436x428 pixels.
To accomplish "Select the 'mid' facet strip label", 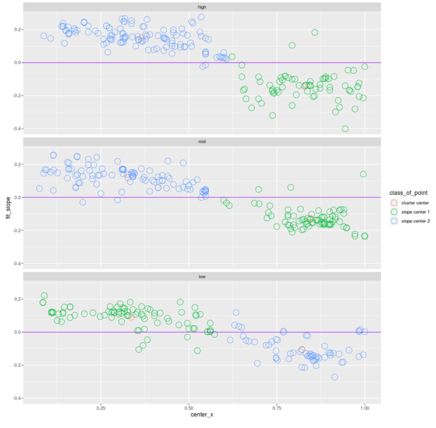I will pos(202,141).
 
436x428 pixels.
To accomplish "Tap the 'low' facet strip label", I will pos(202,276).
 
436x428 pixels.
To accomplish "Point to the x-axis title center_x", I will pos(202,414).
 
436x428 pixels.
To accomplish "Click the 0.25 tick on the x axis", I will pos(101,408).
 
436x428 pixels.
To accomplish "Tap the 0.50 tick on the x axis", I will pos(189,408).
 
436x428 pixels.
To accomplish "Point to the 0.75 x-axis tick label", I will pos(277,408).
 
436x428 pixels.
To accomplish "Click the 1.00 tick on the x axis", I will pos(364,408).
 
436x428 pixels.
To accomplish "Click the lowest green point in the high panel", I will pos(345,128).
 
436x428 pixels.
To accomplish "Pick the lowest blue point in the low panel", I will pos(334,377).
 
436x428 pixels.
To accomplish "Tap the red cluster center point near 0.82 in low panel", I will pos(302,350).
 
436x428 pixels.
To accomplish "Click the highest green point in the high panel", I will pos(315,32).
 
